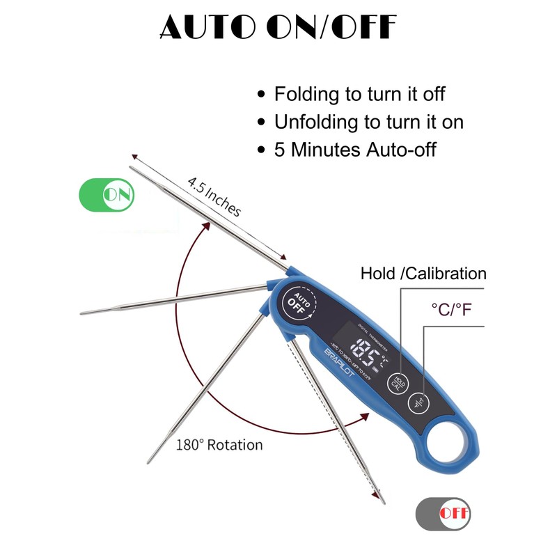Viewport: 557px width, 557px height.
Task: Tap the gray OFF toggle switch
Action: coord(443,515)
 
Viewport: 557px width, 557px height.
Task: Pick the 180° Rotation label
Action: coord(219,444)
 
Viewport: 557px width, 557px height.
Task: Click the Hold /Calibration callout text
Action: coord(423,274)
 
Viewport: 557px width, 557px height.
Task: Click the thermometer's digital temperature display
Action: coord(369,352)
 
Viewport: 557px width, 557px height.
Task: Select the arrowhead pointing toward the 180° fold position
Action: coord(365,416)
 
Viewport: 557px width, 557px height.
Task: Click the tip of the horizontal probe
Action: coord(84,313)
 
